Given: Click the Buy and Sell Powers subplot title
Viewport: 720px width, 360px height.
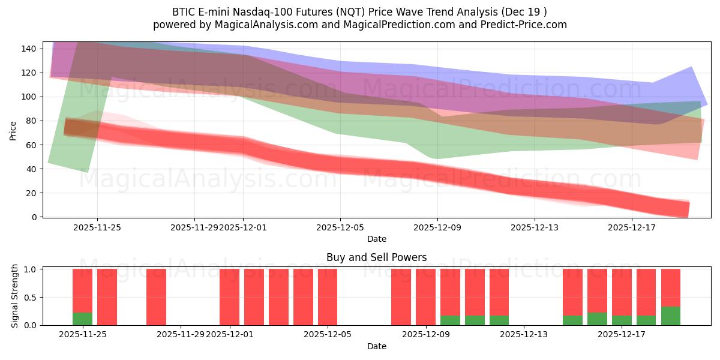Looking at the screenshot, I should coord(376,257).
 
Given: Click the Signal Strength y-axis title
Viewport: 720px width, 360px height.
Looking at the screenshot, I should coord(15,296).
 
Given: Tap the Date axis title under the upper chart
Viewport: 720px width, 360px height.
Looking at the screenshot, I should coord(376,239).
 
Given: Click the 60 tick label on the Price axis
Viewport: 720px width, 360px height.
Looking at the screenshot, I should coord(31,145).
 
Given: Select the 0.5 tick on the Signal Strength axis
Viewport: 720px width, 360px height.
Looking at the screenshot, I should coord(28,297).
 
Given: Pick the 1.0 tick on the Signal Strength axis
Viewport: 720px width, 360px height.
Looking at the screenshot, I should coord(28,269).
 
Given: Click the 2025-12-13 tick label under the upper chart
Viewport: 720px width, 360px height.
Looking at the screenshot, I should coord(534,227).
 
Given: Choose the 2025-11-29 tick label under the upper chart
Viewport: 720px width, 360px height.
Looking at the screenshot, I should coord(194,227).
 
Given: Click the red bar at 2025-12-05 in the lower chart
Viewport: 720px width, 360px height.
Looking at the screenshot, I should coord(328,297).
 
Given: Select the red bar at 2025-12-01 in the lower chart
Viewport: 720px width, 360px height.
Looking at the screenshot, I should coord(229,297).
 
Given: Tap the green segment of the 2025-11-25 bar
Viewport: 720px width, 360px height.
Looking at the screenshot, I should coord(82,319).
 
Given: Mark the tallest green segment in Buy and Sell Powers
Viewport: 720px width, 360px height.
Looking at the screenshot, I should coord(671,316).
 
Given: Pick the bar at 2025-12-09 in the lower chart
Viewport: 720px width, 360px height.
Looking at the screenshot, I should coord(425,297).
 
